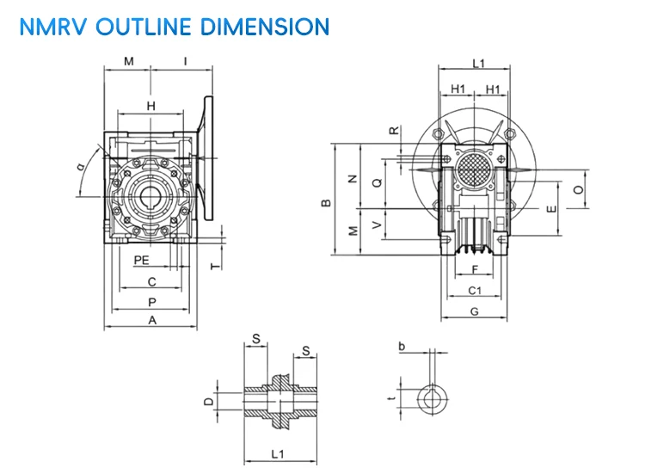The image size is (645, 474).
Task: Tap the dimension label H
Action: pos(151,105)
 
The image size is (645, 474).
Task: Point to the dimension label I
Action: pos(186,61)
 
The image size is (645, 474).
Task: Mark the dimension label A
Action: pos(152,320)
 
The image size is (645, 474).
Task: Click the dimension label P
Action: pos(152,301)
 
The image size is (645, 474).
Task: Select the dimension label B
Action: pos(326,203)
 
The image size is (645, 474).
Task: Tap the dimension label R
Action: pos(394,131)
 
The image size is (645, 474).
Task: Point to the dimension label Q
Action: pos(376,182)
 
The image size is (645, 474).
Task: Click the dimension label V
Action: pos(376,225)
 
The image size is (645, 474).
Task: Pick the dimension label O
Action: pos(578,188)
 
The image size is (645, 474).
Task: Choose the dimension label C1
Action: pos(474,292)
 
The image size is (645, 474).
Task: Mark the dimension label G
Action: pos(474,311)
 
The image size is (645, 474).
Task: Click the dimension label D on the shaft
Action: pos(207,401)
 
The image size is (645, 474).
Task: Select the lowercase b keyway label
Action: pos(402,346)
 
